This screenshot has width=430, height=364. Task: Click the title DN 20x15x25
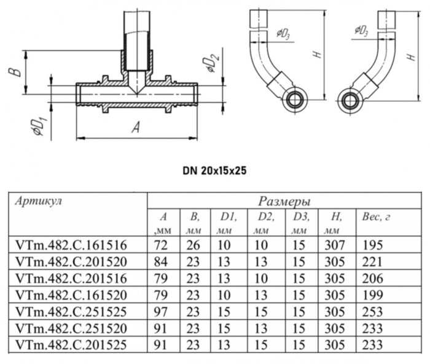[214, 170]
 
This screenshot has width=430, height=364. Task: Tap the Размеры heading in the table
[284, 201]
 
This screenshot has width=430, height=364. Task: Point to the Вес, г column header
[378, 217]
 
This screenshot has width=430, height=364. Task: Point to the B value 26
[194, 245]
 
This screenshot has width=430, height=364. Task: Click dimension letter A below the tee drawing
[136, 127]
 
